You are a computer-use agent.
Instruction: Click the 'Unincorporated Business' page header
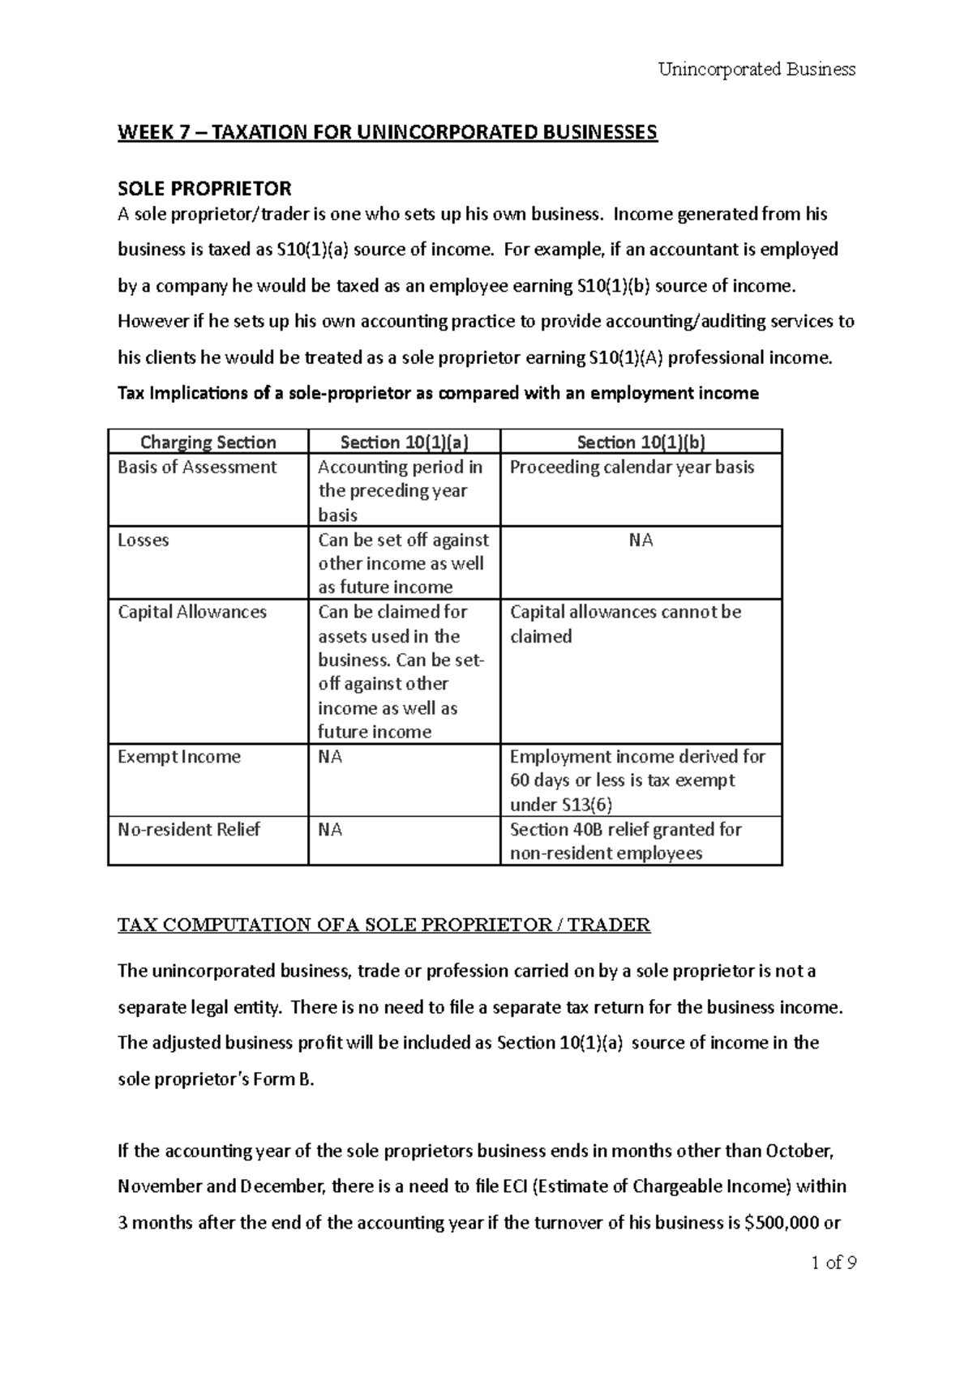pos(757,70)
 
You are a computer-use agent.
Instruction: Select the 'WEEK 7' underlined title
pos(387,132)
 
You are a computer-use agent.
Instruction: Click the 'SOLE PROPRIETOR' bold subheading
pos(204,189)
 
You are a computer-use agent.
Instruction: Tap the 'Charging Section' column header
pos(208,442)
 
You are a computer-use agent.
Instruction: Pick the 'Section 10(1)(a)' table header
pos(404,442)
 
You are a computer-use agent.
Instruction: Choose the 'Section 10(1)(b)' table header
pos(641,442)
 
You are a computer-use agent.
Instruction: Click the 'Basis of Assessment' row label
pos(197,468)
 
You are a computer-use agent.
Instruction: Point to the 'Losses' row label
pos(144,541)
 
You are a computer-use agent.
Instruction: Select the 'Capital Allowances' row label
pos(192,613)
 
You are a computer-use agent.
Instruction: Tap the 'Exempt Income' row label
pos(179,758)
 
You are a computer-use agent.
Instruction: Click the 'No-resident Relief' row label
pos(189,830)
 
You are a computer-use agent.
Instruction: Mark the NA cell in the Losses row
pos(641,541)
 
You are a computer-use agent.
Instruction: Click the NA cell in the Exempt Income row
pos(330,758)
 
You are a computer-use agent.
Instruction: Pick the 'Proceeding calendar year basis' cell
pos(632,468)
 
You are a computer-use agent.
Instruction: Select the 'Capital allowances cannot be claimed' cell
pos(625,624)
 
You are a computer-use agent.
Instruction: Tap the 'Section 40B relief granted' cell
pos(625,830)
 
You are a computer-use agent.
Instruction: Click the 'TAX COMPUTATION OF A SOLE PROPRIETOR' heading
pos(384,925)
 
